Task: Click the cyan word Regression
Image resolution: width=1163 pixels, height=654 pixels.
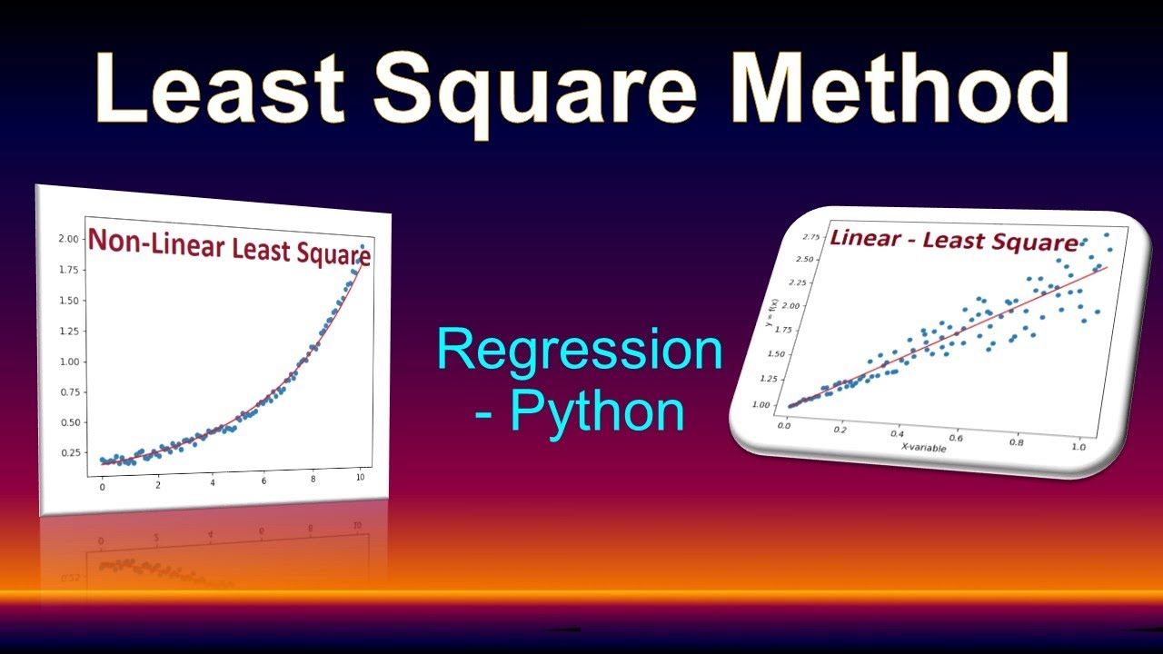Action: click(580, 351)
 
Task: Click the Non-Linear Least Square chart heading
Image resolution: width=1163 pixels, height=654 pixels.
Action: click(229, 247)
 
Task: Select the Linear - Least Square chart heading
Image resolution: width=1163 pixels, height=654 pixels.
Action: click(953, 241)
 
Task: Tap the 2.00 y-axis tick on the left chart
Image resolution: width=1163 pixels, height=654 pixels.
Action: click(69, 239)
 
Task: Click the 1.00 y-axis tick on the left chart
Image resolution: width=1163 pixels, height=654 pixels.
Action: click(69, 362)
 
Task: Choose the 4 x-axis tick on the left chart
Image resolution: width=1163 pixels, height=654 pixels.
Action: click(212, 485)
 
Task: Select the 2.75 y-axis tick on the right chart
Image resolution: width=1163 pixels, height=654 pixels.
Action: click(810, 237)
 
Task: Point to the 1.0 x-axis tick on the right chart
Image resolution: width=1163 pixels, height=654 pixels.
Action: click(1078, 447)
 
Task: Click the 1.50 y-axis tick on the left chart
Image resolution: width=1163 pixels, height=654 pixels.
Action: click(69, 301)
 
